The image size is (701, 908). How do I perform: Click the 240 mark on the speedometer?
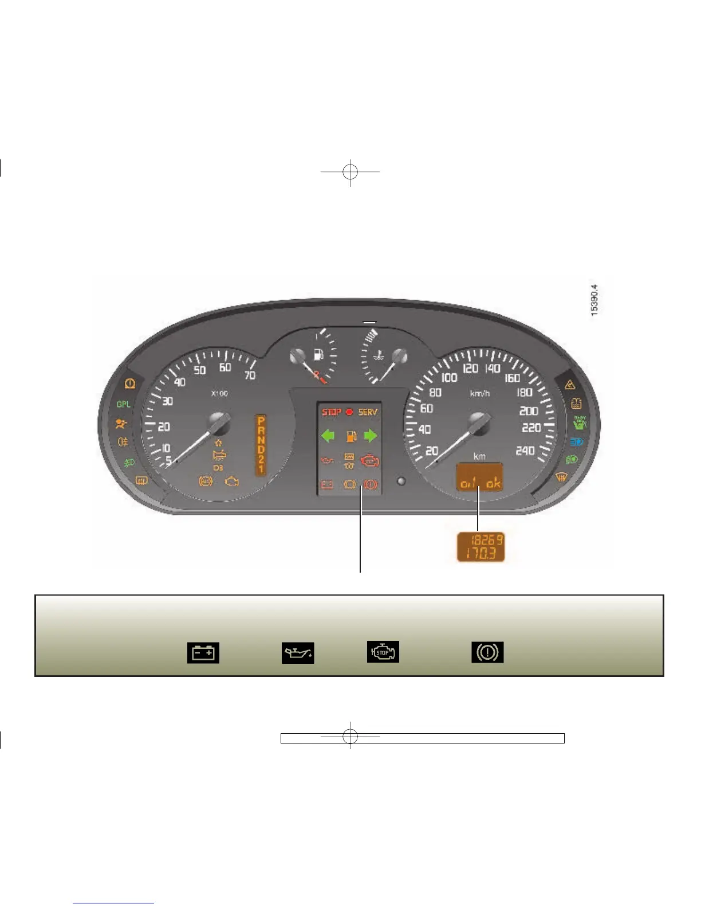[x=525, y=451]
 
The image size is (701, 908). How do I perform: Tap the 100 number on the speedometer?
[x=449, y=377]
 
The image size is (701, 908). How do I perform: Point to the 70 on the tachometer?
[x=250, y=375]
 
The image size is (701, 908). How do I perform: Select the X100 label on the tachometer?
[x=219, y=393]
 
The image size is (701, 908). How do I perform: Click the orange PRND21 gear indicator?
[x=261, y=445]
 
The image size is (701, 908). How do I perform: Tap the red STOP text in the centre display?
[x=331, y=412]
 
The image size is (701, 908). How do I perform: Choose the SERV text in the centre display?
[x=368, y=412]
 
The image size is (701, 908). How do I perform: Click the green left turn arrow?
[x=328, y=436]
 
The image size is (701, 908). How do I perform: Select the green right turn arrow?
[x=371, y=436]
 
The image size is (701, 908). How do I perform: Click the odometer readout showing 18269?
[x=486, y=539]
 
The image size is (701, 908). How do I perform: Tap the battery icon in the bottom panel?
[x=203, y=653]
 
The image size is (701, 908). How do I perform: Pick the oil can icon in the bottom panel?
[x=298, y=653]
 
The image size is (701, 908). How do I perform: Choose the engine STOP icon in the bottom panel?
[x=383, y=652]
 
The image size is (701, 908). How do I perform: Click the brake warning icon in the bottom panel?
[x=487, y=652]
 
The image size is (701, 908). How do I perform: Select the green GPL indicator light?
[x=124, y=404]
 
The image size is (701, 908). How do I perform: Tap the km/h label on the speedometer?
[x=480, y=393]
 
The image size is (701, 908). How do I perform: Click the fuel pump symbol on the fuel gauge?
[x=319, y=354]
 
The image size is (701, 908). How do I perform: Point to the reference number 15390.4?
[x=594, y=300]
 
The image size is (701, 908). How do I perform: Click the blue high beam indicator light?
[x=576, y=442]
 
